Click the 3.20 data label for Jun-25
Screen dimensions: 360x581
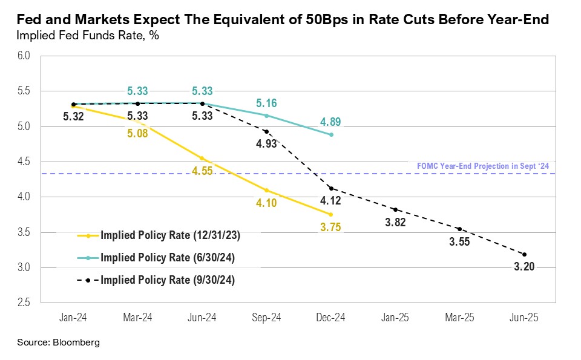point(524,267)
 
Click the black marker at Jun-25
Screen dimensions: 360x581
point(524,254)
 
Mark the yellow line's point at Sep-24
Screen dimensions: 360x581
point(267,190)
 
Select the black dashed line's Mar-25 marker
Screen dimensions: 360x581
point(459,229)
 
